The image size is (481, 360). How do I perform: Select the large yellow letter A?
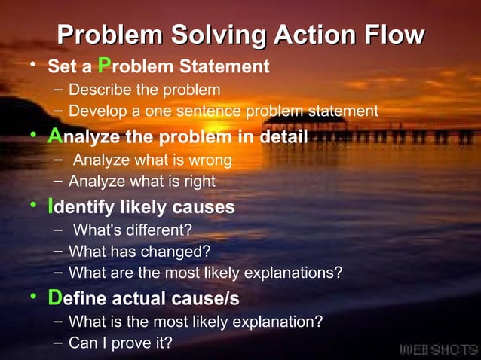click(54, 136)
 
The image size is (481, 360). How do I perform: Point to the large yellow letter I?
click(50, 206)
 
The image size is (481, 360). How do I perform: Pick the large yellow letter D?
click(54, 297)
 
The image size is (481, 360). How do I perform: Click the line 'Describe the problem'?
click(144, 90)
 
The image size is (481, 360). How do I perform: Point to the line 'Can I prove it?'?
click(120, 343)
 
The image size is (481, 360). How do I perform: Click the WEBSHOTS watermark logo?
click(438, 349)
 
